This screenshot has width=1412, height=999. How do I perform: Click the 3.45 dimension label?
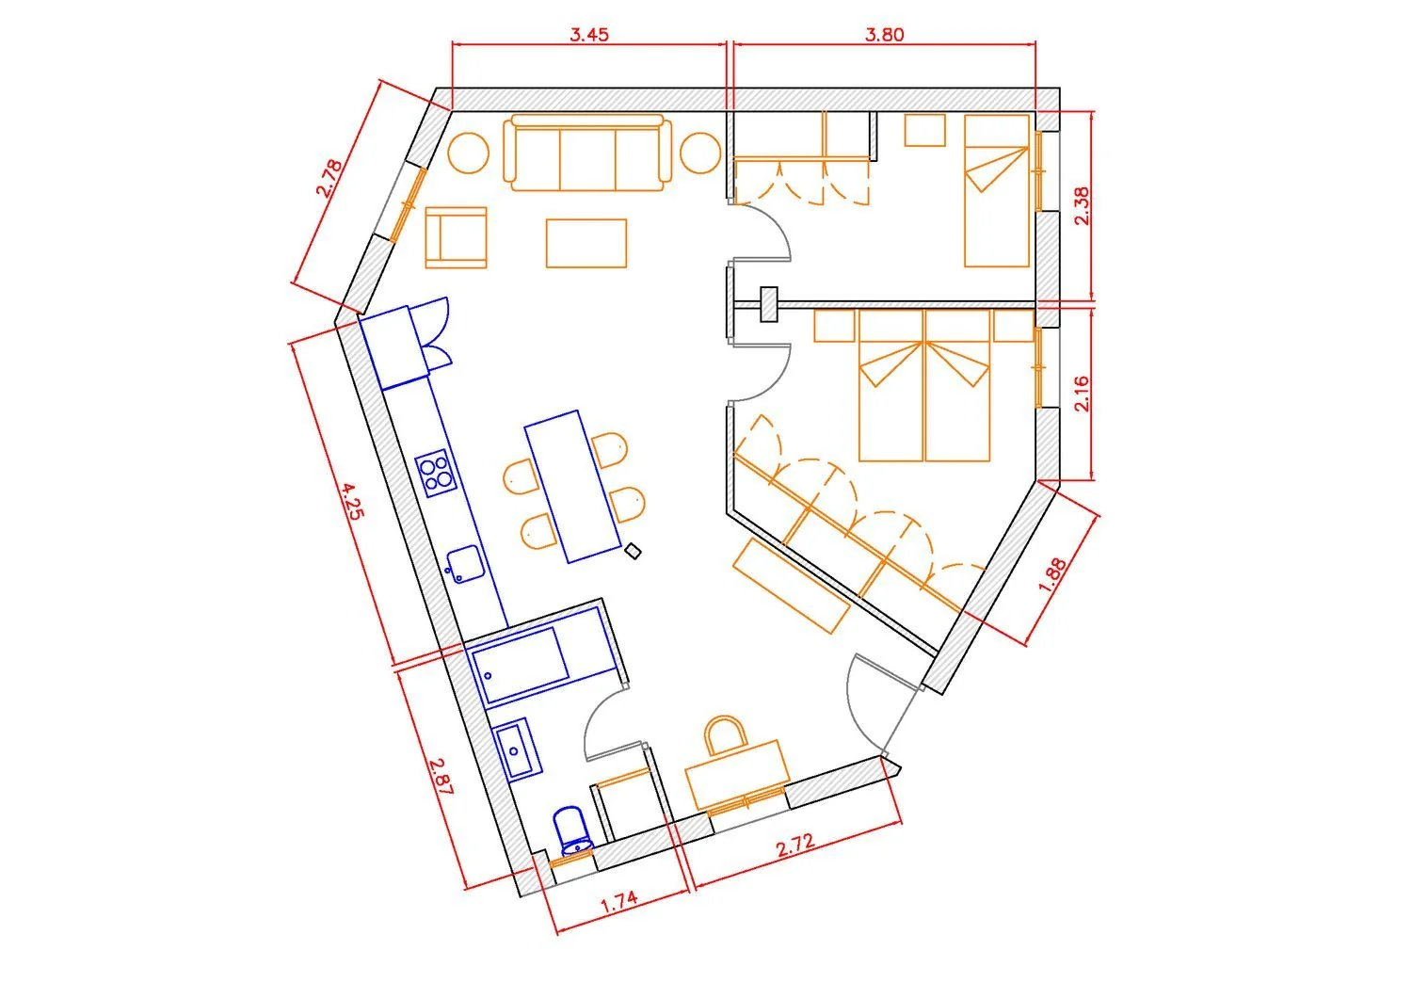point(588,34)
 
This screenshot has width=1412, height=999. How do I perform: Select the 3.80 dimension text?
point(884,34)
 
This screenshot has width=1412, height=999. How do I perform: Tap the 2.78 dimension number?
point(329,179)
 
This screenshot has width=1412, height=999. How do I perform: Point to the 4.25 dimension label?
point(352,502)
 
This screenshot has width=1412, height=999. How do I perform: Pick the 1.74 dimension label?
point(619,903)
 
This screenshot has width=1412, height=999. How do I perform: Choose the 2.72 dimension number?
point(794,846)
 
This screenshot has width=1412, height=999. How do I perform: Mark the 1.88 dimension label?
point(1052,574)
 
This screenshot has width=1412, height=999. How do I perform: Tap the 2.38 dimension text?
point(1081,206)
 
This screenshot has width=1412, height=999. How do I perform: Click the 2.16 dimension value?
point(1081,394)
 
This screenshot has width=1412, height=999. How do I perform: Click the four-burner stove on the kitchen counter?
point(436,473)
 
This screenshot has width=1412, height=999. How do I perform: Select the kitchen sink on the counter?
point(464,564)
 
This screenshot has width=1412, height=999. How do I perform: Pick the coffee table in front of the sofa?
point(586,244)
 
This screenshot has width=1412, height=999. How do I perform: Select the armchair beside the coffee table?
point(456,238)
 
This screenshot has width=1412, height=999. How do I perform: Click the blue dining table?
point(572,486)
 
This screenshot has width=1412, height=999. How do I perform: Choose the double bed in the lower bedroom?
point(924,385)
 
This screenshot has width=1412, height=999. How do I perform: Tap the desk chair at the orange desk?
point(726,734)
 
